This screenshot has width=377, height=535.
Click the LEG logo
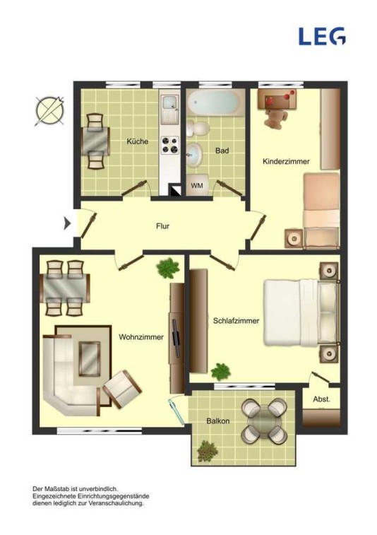[x=322, y=36]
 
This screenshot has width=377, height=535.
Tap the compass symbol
[x=49, y=110]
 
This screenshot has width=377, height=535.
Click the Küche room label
[x=138, y=141]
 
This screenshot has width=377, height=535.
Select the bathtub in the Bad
[x=215, y=102]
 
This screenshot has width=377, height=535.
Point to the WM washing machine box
[x=197, y=185]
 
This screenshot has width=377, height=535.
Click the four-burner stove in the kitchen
[x=170, y=145]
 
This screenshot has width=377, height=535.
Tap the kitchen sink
[x=169, y=109]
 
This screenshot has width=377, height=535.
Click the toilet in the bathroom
[x=198, y=129]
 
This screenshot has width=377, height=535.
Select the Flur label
[x=162, y=226]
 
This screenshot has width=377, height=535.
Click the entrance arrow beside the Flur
[x=68, y=224]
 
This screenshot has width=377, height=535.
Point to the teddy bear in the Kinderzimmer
[x=275, y=119]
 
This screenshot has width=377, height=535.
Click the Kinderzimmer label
[x=286, y=161]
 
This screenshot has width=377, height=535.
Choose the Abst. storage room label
[x=321, y=399]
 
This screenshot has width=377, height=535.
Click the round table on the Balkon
[x=263, y=421]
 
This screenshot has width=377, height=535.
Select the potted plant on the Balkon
[x=207, y=451]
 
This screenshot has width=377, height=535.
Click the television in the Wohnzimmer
[x=176, y=338]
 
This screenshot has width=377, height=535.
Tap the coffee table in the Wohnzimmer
[x=90, y=358]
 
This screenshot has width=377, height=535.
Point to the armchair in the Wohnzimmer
[x=122, y=389]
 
